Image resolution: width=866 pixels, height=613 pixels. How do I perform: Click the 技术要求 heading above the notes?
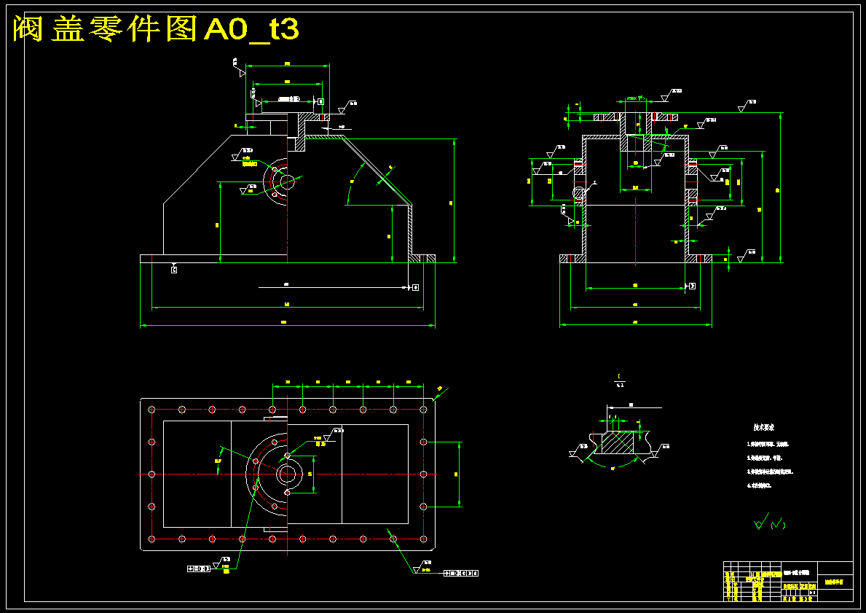pos(763,427)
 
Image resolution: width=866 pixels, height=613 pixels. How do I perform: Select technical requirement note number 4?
pos(761,485)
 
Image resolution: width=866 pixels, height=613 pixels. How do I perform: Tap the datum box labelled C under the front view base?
pos(173,270)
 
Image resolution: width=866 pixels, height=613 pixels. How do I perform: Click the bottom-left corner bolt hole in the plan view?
pos(151,539)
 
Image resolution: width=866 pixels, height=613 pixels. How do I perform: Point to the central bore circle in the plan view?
pos(287,474)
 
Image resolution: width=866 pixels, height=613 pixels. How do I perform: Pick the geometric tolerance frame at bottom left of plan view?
pos(197,569)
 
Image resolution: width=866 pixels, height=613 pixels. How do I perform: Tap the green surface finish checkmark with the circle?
pos(761,522)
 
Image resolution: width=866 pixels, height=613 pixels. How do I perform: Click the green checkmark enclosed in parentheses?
pos(778,523)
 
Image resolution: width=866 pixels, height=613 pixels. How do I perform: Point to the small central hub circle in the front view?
pos(287,181)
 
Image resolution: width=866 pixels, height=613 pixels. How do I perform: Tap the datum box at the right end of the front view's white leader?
pos(415,287)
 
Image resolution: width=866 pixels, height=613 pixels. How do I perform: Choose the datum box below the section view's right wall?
pos(691,285)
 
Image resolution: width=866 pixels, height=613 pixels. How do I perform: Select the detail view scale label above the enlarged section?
pos(620,380)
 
